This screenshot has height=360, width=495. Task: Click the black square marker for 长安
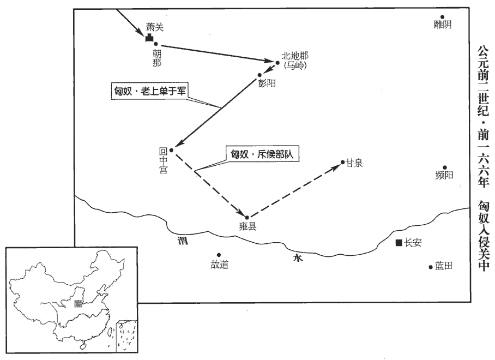click(x=399, y=243)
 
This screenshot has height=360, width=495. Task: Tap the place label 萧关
click(x=155, y=27)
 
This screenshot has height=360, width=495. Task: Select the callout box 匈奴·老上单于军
click(x=149, y=91)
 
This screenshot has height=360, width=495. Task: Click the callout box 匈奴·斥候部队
click(x=262, y=154)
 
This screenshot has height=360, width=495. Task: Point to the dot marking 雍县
click(x=247, y=217)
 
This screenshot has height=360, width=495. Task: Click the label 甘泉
click(x=354, y=163)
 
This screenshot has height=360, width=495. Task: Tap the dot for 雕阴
click(x=443, y=17)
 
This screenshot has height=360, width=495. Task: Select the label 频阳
click(x=444, y=175)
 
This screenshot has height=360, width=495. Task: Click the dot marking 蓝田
click(x=430, y=267)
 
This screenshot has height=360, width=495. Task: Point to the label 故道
click(x=219, y=265)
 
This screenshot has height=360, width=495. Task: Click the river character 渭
click(x=183, y=241)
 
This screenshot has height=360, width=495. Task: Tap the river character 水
click(x=298, y=259)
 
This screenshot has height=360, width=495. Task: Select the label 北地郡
click(x=295, y=56)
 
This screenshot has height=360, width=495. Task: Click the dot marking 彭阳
click(x=259, y=75)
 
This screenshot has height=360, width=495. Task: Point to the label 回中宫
click(x=163, y=161)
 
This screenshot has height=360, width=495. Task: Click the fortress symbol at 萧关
click(x=149, y=38)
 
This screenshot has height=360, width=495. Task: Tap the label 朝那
click(x=156, y=59)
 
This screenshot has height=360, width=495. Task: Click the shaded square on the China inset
click(x=77, y=304)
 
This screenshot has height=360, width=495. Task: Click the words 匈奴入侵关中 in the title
click(x=483, y=236)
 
